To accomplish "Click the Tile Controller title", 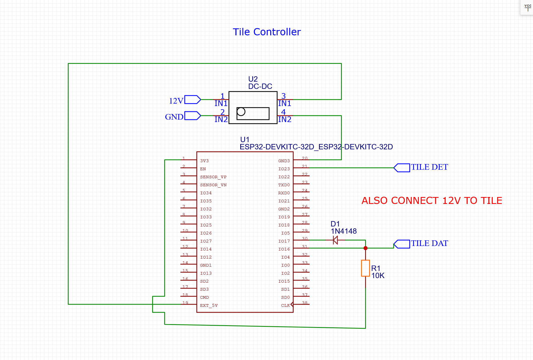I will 266,32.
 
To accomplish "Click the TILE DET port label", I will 429,167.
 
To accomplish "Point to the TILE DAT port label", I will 429,243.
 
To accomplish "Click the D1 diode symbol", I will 335,240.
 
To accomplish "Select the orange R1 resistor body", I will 365,268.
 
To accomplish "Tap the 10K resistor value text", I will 378,276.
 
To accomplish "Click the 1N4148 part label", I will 344,231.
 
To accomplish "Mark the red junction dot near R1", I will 365,248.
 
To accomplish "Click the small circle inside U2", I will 241,112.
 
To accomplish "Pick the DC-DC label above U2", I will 260,86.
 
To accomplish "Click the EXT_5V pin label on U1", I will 209,305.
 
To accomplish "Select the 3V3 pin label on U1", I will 204,161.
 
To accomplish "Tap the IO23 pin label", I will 284,169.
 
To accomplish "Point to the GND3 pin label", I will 284,161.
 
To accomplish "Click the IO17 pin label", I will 284,241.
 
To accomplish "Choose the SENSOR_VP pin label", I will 213,177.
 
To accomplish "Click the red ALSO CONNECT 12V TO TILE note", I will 431,201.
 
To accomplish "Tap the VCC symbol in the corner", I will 528,7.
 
